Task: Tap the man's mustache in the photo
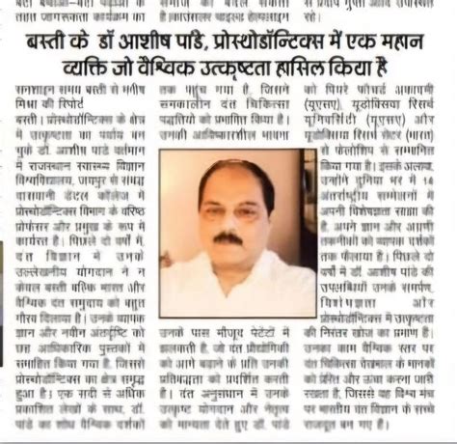tap(227, 236)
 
